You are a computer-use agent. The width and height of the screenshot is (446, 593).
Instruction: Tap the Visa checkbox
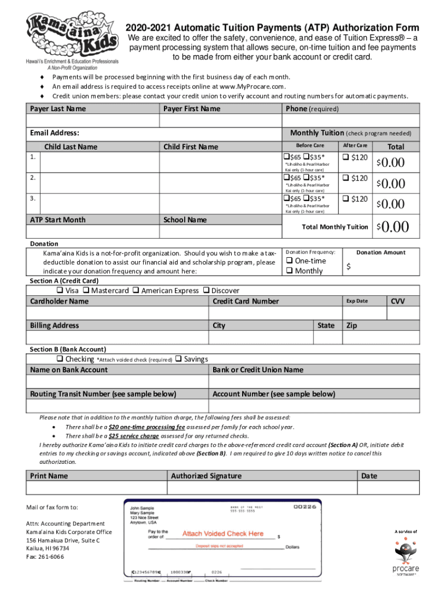pyautogui.click(x=59, y=290)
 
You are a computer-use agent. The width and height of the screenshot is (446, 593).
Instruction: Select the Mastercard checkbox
pyautogui.click(x=86, y=290)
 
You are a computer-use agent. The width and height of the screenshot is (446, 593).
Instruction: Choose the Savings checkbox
pyautogui.click(x=178, y=359)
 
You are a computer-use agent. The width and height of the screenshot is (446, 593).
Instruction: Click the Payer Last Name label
pyautogui.click(x=58, y=109)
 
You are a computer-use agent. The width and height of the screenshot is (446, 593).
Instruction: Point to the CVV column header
pyautogui.click(x=398, y=301)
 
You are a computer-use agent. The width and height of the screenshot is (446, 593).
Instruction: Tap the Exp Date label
pyautogui.click(x=357, y=301)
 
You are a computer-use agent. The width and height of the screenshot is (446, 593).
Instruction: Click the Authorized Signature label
pyautogui.click(x=206, y=476)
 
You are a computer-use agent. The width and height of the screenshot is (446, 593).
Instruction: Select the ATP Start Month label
pyautogui.click(x=57, y=219)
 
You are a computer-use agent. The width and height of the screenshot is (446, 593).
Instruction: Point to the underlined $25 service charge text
pyautogui.click(x=133, y=436)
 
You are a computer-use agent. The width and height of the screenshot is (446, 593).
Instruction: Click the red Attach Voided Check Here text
pyautogui.click(x=223, y=533)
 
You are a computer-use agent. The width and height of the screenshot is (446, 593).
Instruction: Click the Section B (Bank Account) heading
pyautogui.click(x=68, y=349)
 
